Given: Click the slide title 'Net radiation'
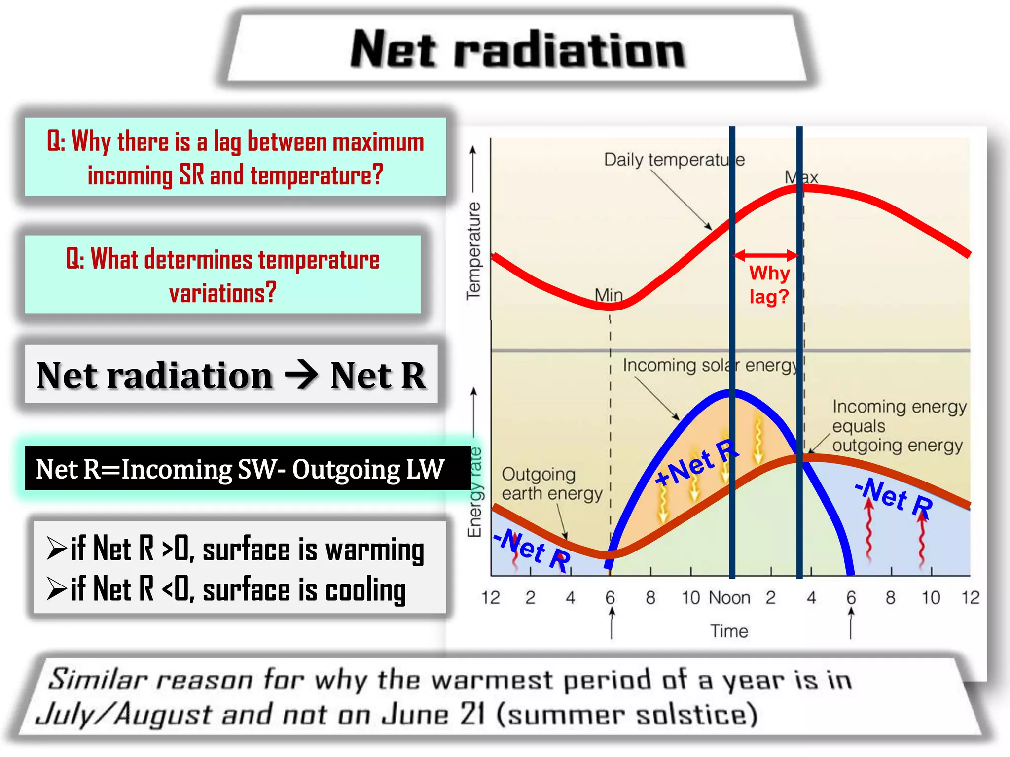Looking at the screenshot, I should [x=518, y=49].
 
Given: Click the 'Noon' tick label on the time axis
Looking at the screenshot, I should [x=730, y=598].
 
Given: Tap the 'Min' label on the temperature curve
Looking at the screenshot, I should [x=609, y=295].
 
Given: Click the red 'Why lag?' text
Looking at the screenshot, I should [x=769, y=285].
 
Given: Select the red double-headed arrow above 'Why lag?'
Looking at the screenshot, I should [x=765, y=255].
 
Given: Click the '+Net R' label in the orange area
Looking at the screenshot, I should [x=697, y=463].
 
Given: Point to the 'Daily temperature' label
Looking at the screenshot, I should [x=674, y=160].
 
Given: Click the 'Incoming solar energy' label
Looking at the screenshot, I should [x=710, y=365].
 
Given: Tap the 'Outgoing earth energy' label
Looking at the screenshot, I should [x=551, y=483].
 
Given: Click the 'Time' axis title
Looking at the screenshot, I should [x=729, y=631].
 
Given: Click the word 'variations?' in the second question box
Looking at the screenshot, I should [x=223, y=293].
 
